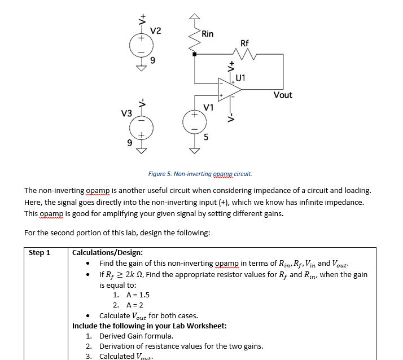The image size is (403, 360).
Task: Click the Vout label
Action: (x=283, y=95)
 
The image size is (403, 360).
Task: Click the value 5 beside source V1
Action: (x=206, y=136)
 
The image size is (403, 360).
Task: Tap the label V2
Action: (x=156, y=30)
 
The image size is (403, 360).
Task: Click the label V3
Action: (x=126, y=114)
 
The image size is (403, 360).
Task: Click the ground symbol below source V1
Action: (x=194, y=150)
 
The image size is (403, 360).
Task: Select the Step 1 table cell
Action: (x=40, y=253)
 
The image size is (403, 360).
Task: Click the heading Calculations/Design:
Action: (x=107, y=253)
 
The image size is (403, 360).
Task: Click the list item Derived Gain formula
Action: (x=136, y=336)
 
